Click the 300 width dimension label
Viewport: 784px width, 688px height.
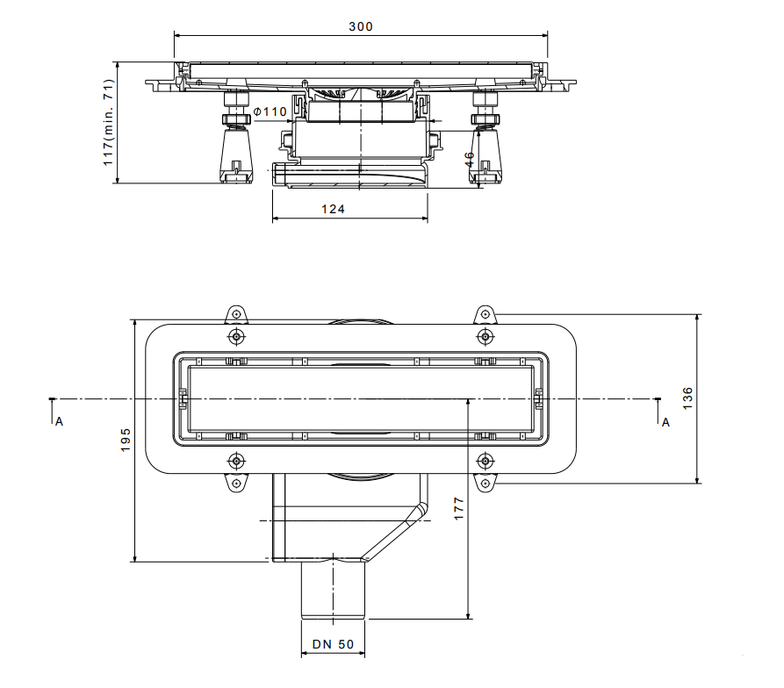(361, 26)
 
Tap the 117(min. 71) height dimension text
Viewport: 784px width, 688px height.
(109, 122)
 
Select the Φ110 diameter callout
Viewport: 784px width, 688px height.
(270, 111)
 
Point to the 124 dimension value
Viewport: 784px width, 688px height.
(333, 210)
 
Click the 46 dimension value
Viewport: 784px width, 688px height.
(470, 160)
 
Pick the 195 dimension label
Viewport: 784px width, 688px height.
(126, 440)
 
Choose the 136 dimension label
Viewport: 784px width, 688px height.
(688, 398)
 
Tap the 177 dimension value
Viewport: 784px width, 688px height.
(459, 509)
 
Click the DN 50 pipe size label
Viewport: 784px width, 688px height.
(333, 644)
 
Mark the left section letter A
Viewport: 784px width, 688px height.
(59, 422)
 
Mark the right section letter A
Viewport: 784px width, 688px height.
(665, 423)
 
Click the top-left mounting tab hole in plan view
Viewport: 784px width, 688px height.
(236, 314)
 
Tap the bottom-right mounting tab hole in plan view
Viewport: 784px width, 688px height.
(485, 484)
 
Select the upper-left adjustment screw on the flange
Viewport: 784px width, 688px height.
(236, 337)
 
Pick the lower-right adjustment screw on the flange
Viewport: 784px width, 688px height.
(485, 461)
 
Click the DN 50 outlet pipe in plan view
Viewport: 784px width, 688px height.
(333, 590)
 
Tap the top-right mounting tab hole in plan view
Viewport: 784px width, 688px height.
(485, 314)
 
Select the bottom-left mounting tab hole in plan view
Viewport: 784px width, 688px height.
(236, 484)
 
